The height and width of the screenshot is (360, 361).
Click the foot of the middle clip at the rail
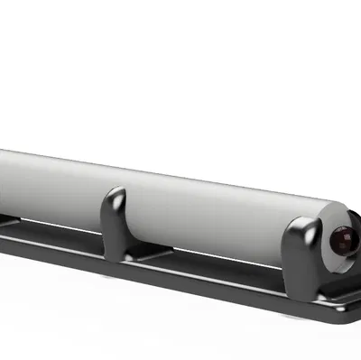pyautogui.click(x=116, y=260)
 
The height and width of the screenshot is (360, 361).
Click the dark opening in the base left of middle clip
pyautogui.click(x=54, y=237)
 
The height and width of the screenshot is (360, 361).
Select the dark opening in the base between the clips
pyautogui.click(x=217, y=271)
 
